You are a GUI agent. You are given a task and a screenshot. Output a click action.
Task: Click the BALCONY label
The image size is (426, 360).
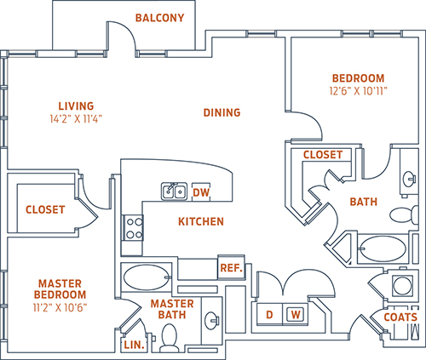159,18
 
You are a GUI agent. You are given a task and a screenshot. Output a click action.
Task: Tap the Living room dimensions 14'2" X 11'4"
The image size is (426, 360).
76,119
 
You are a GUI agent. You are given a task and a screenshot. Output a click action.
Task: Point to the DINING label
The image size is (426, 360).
222,112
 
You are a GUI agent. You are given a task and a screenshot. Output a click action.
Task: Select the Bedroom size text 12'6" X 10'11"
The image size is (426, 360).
359,91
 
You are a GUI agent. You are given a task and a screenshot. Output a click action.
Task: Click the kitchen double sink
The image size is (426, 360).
175,191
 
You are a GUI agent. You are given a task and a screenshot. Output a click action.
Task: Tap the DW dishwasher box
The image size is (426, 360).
201,192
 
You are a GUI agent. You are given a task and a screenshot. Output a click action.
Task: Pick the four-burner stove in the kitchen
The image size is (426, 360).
134,228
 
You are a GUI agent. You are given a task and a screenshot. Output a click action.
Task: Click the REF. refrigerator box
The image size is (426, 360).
231,267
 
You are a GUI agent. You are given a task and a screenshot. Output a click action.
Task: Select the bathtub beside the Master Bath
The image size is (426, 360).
147,277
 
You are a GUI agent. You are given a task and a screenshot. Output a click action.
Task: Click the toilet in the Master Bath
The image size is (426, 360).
170,338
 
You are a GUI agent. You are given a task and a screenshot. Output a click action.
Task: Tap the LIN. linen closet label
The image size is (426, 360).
134,345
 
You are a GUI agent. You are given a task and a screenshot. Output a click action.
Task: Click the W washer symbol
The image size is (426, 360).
296,314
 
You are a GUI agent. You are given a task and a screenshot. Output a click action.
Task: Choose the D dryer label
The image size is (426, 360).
269,314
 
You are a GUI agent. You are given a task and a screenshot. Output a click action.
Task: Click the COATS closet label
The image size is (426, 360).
400,317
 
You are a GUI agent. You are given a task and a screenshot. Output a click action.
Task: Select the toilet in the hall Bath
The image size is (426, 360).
404,214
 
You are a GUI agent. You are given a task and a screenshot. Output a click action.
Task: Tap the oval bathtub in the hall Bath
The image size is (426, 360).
383,249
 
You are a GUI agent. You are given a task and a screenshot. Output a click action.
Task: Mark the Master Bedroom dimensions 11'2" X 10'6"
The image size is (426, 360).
60,307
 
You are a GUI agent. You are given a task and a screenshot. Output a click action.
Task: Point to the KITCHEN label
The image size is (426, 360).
201,221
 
